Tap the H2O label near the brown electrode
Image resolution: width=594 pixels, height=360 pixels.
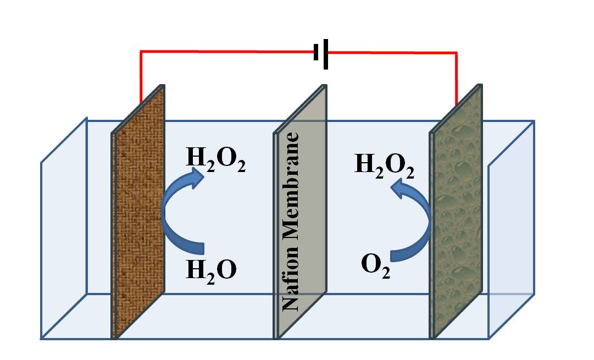[x=212, y=270]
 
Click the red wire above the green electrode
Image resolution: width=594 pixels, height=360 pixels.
[x=456, y=77]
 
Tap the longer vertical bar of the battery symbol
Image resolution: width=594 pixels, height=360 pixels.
[x=326, y=53]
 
